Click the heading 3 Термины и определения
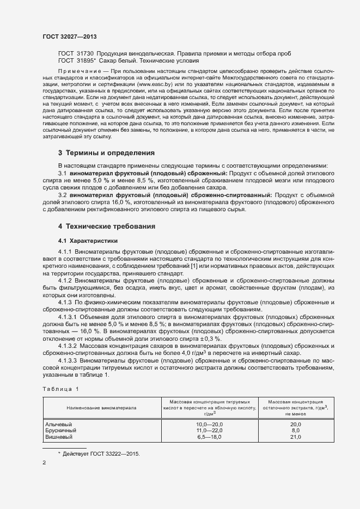coord(106,152)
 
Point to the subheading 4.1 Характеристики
coord(88,241)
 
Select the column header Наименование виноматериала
coord(101,407)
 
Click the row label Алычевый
coord(59,424)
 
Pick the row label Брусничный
coord(61,430)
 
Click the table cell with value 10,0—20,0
coord(209,424)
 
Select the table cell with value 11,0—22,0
coord(209,430)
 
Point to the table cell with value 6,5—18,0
coord(209,437)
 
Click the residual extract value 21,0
coord(296,437)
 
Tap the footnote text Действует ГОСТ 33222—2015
coord(101,453)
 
